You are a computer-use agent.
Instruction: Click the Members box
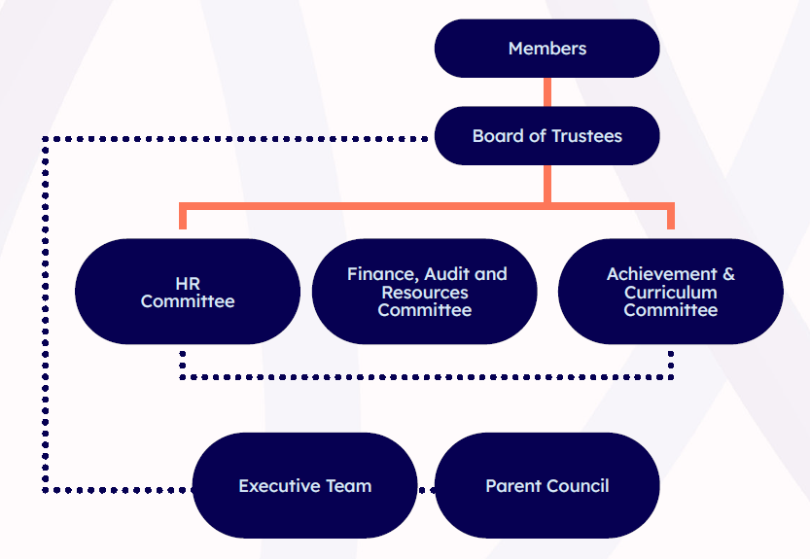[x=546, y=49]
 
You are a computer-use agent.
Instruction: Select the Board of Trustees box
[x=546, y=136]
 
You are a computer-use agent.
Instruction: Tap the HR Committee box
[x=188, y=292]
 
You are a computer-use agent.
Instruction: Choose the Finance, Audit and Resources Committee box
[x=425, y=292]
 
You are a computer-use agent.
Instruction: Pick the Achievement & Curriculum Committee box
[x=671, y=292]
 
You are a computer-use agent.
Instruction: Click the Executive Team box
[x=304, y=486]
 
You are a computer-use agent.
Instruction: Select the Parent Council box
[x=546, y=486]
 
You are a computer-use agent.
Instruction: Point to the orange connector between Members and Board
[x=547, y=92]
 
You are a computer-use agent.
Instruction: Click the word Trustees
[x=586, y=136]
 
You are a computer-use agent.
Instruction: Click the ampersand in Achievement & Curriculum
[x=728, y=274]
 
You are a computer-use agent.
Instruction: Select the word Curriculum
[x=671, y=293]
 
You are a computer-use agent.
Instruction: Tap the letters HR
[x=188, y=284]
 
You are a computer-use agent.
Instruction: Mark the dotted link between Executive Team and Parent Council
[x=426, y=489]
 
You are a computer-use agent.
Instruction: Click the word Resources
[x=425, y=293]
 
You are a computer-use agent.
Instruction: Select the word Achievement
[x=661, y=274]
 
